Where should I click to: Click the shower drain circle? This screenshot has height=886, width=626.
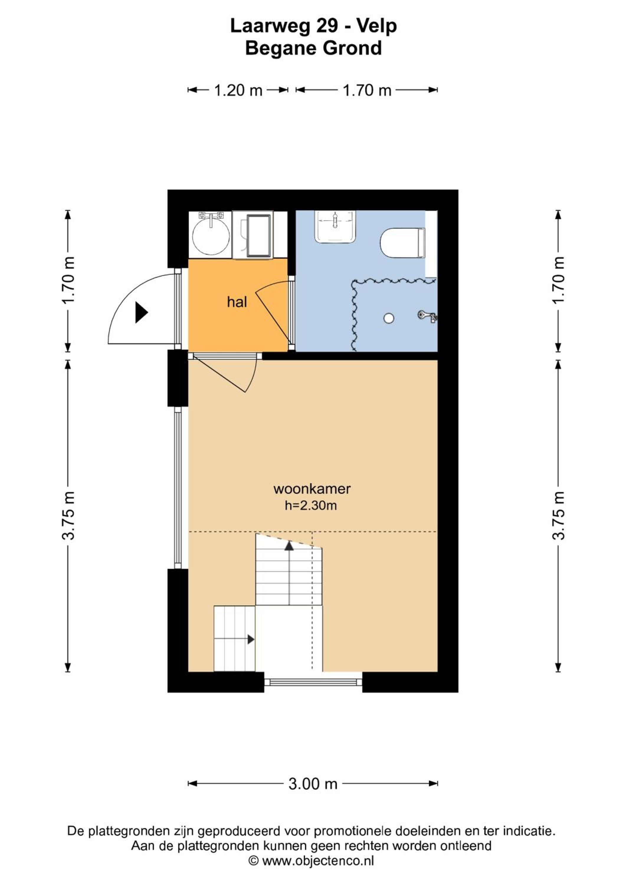389,318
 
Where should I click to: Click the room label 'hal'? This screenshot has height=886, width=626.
237,302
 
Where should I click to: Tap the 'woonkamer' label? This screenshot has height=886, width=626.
312,489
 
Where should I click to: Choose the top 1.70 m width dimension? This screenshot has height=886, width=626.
367,90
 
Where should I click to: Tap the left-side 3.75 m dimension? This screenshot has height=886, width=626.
68,515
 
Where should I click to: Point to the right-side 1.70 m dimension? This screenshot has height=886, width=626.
558,281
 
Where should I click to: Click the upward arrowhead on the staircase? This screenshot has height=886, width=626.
289,545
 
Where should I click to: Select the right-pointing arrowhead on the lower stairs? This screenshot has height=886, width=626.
251,639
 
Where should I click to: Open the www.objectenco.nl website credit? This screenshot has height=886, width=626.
312,861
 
